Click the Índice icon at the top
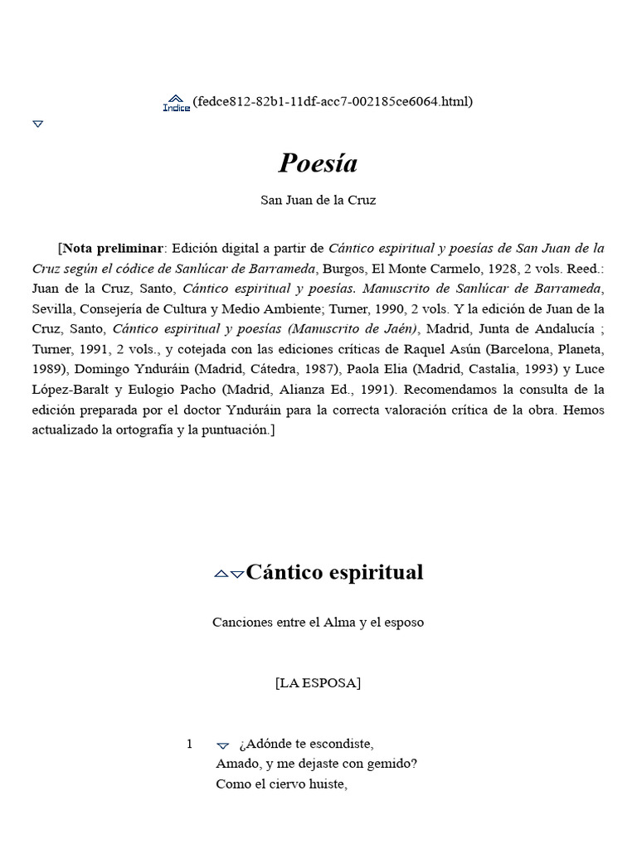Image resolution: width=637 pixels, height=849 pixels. (176, 103)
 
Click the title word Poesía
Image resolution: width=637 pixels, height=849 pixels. (318, 163)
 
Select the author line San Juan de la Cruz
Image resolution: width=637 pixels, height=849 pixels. (318, 201)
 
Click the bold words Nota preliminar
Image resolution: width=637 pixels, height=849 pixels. (114, 248)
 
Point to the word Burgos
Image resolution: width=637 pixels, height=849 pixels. (343, 269)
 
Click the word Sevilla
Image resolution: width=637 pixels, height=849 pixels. (55, 309)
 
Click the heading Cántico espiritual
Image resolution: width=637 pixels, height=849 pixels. (335, 572)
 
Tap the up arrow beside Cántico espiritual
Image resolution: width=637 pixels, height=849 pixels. (221, 574)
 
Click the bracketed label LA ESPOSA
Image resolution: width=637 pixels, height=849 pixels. (318, 683)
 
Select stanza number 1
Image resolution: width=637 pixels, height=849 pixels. (189, 744)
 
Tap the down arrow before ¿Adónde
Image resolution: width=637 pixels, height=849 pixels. (222, 745)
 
